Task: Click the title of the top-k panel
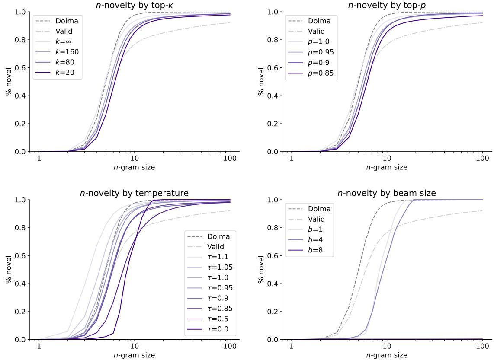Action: coord(134,5)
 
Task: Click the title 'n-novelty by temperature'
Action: coord(134,193)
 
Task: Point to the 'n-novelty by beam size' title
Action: coord(386,193)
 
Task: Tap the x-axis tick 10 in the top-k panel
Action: coord(134,159)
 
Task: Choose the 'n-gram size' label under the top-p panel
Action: coord(386,167)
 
